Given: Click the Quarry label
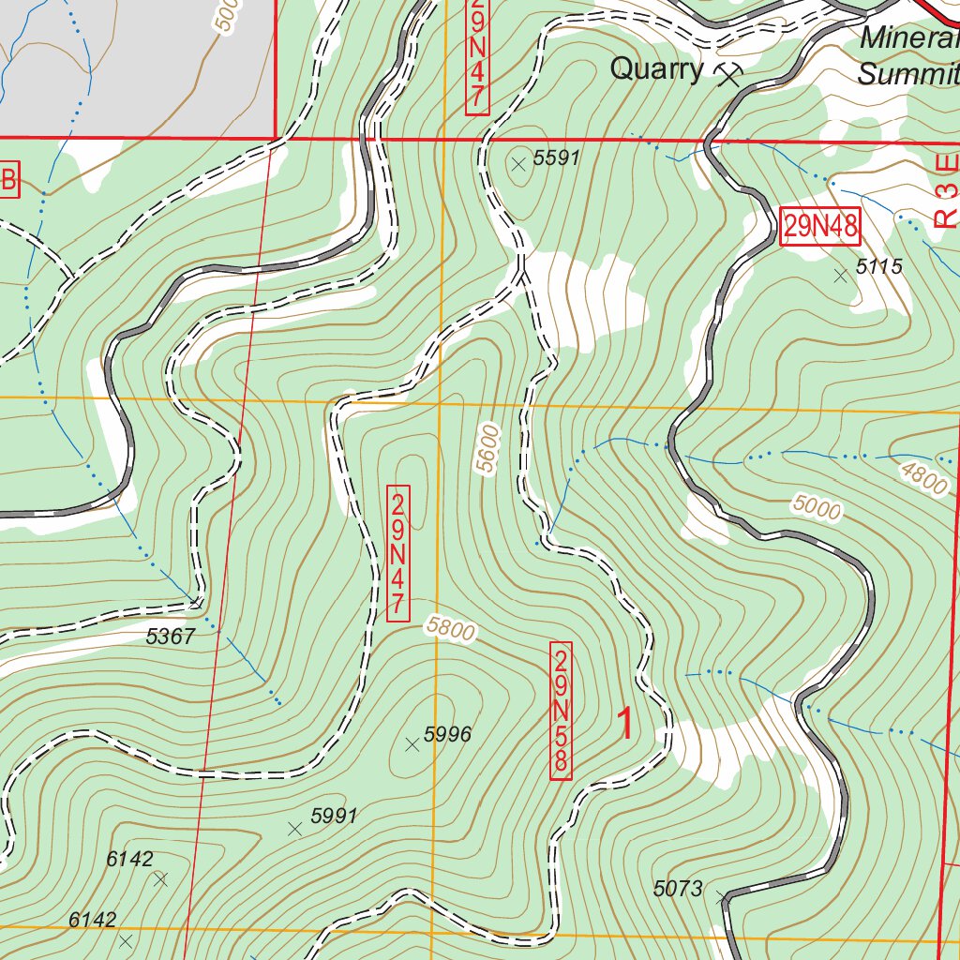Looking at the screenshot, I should point(656,69).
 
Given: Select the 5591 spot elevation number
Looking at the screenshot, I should point(557,158).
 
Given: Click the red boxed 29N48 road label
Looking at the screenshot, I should point(820,227).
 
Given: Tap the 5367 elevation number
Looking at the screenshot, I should point(171,637).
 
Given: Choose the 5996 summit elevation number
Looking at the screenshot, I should point(447,735).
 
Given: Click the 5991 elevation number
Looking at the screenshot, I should point(334,816).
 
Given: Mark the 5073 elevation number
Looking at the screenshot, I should point(678,889).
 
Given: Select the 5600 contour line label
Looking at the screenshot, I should point(488,448).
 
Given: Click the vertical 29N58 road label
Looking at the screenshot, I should point(561,711).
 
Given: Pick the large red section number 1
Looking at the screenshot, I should point(623,724).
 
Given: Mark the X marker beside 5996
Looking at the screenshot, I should point(411,744).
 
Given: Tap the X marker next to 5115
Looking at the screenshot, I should point(841,275).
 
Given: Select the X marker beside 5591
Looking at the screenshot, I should point(518,164).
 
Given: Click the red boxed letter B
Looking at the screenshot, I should point(8,181).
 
